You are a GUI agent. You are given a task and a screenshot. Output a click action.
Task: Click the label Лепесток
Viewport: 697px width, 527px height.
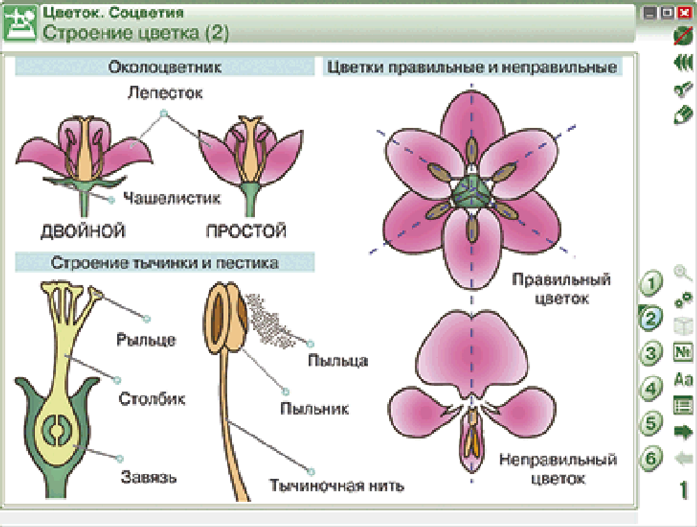(x=164, y=93)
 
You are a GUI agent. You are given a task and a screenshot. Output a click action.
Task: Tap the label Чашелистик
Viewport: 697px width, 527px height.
(x=171, y=198)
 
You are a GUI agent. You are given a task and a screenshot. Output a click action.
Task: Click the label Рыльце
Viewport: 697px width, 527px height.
(x=146, y=341)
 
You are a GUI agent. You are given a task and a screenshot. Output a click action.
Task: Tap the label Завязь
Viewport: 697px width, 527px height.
(x=148, y=478)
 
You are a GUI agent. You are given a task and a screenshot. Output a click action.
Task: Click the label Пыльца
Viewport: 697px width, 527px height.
(x=337, y=361)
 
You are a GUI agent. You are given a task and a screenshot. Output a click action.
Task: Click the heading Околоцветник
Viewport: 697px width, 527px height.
(x=164, y=68)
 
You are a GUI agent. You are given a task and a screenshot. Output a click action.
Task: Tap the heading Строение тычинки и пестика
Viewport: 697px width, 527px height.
(x=164, y=263)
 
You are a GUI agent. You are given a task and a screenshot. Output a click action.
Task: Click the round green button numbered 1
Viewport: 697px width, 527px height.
(x=650, y=284)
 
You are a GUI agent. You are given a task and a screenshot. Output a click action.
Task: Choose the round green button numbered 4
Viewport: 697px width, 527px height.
(x=650, y=388)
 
